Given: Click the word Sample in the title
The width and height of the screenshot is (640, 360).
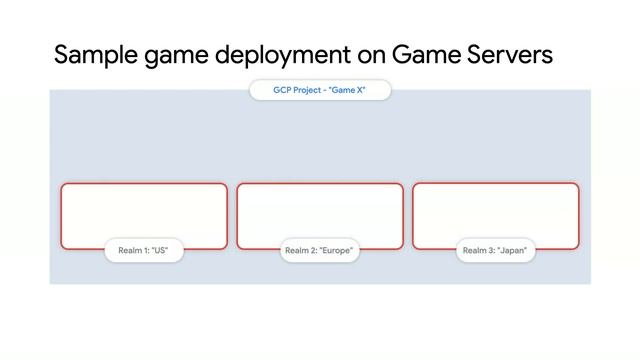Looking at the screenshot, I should point(91,55).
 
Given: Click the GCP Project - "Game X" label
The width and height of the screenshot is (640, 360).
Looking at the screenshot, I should point(319,90).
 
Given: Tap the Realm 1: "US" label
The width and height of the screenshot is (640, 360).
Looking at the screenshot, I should point(144,250).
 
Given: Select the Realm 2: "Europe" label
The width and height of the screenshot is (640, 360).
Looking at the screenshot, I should point(319,250).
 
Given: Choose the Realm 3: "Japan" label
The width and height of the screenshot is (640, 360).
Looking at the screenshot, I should point(495,250).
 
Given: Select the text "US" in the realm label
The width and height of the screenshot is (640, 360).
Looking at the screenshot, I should point(159,250).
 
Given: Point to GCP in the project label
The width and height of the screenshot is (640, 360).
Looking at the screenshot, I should point(282,90).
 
